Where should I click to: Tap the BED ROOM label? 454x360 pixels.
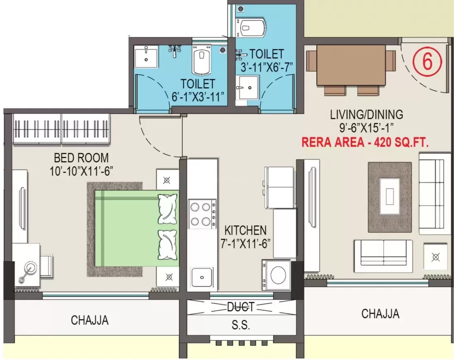(x=81, y=158)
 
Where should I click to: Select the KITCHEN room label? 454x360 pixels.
(x=245, y=230)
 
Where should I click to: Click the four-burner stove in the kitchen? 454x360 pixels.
(x=202, y=214)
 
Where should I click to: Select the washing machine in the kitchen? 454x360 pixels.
(x=276, y=275)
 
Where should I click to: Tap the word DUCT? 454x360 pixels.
(x=241, y=307)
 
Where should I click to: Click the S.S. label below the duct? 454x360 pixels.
(x=241, y=325)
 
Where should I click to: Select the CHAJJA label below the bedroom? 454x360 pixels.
(x=90, y=320)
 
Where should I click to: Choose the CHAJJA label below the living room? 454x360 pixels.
(x=380, y=314)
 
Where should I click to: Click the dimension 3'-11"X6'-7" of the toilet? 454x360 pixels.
(x=266, y=66)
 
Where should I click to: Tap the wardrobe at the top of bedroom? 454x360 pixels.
(x=62, y=128)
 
